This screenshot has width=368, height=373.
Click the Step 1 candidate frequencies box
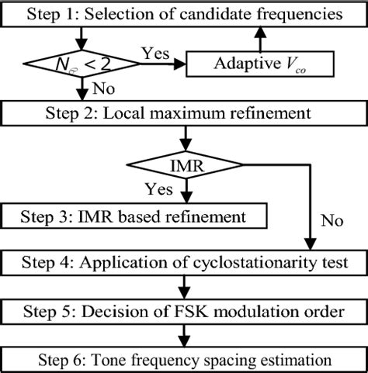pos(183,14)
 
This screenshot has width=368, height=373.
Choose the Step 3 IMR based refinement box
pos(134,216)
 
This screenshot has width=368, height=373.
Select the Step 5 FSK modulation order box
pos(183,313)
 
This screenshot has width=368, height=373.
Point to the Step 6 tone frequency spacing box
pos(183,360)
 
